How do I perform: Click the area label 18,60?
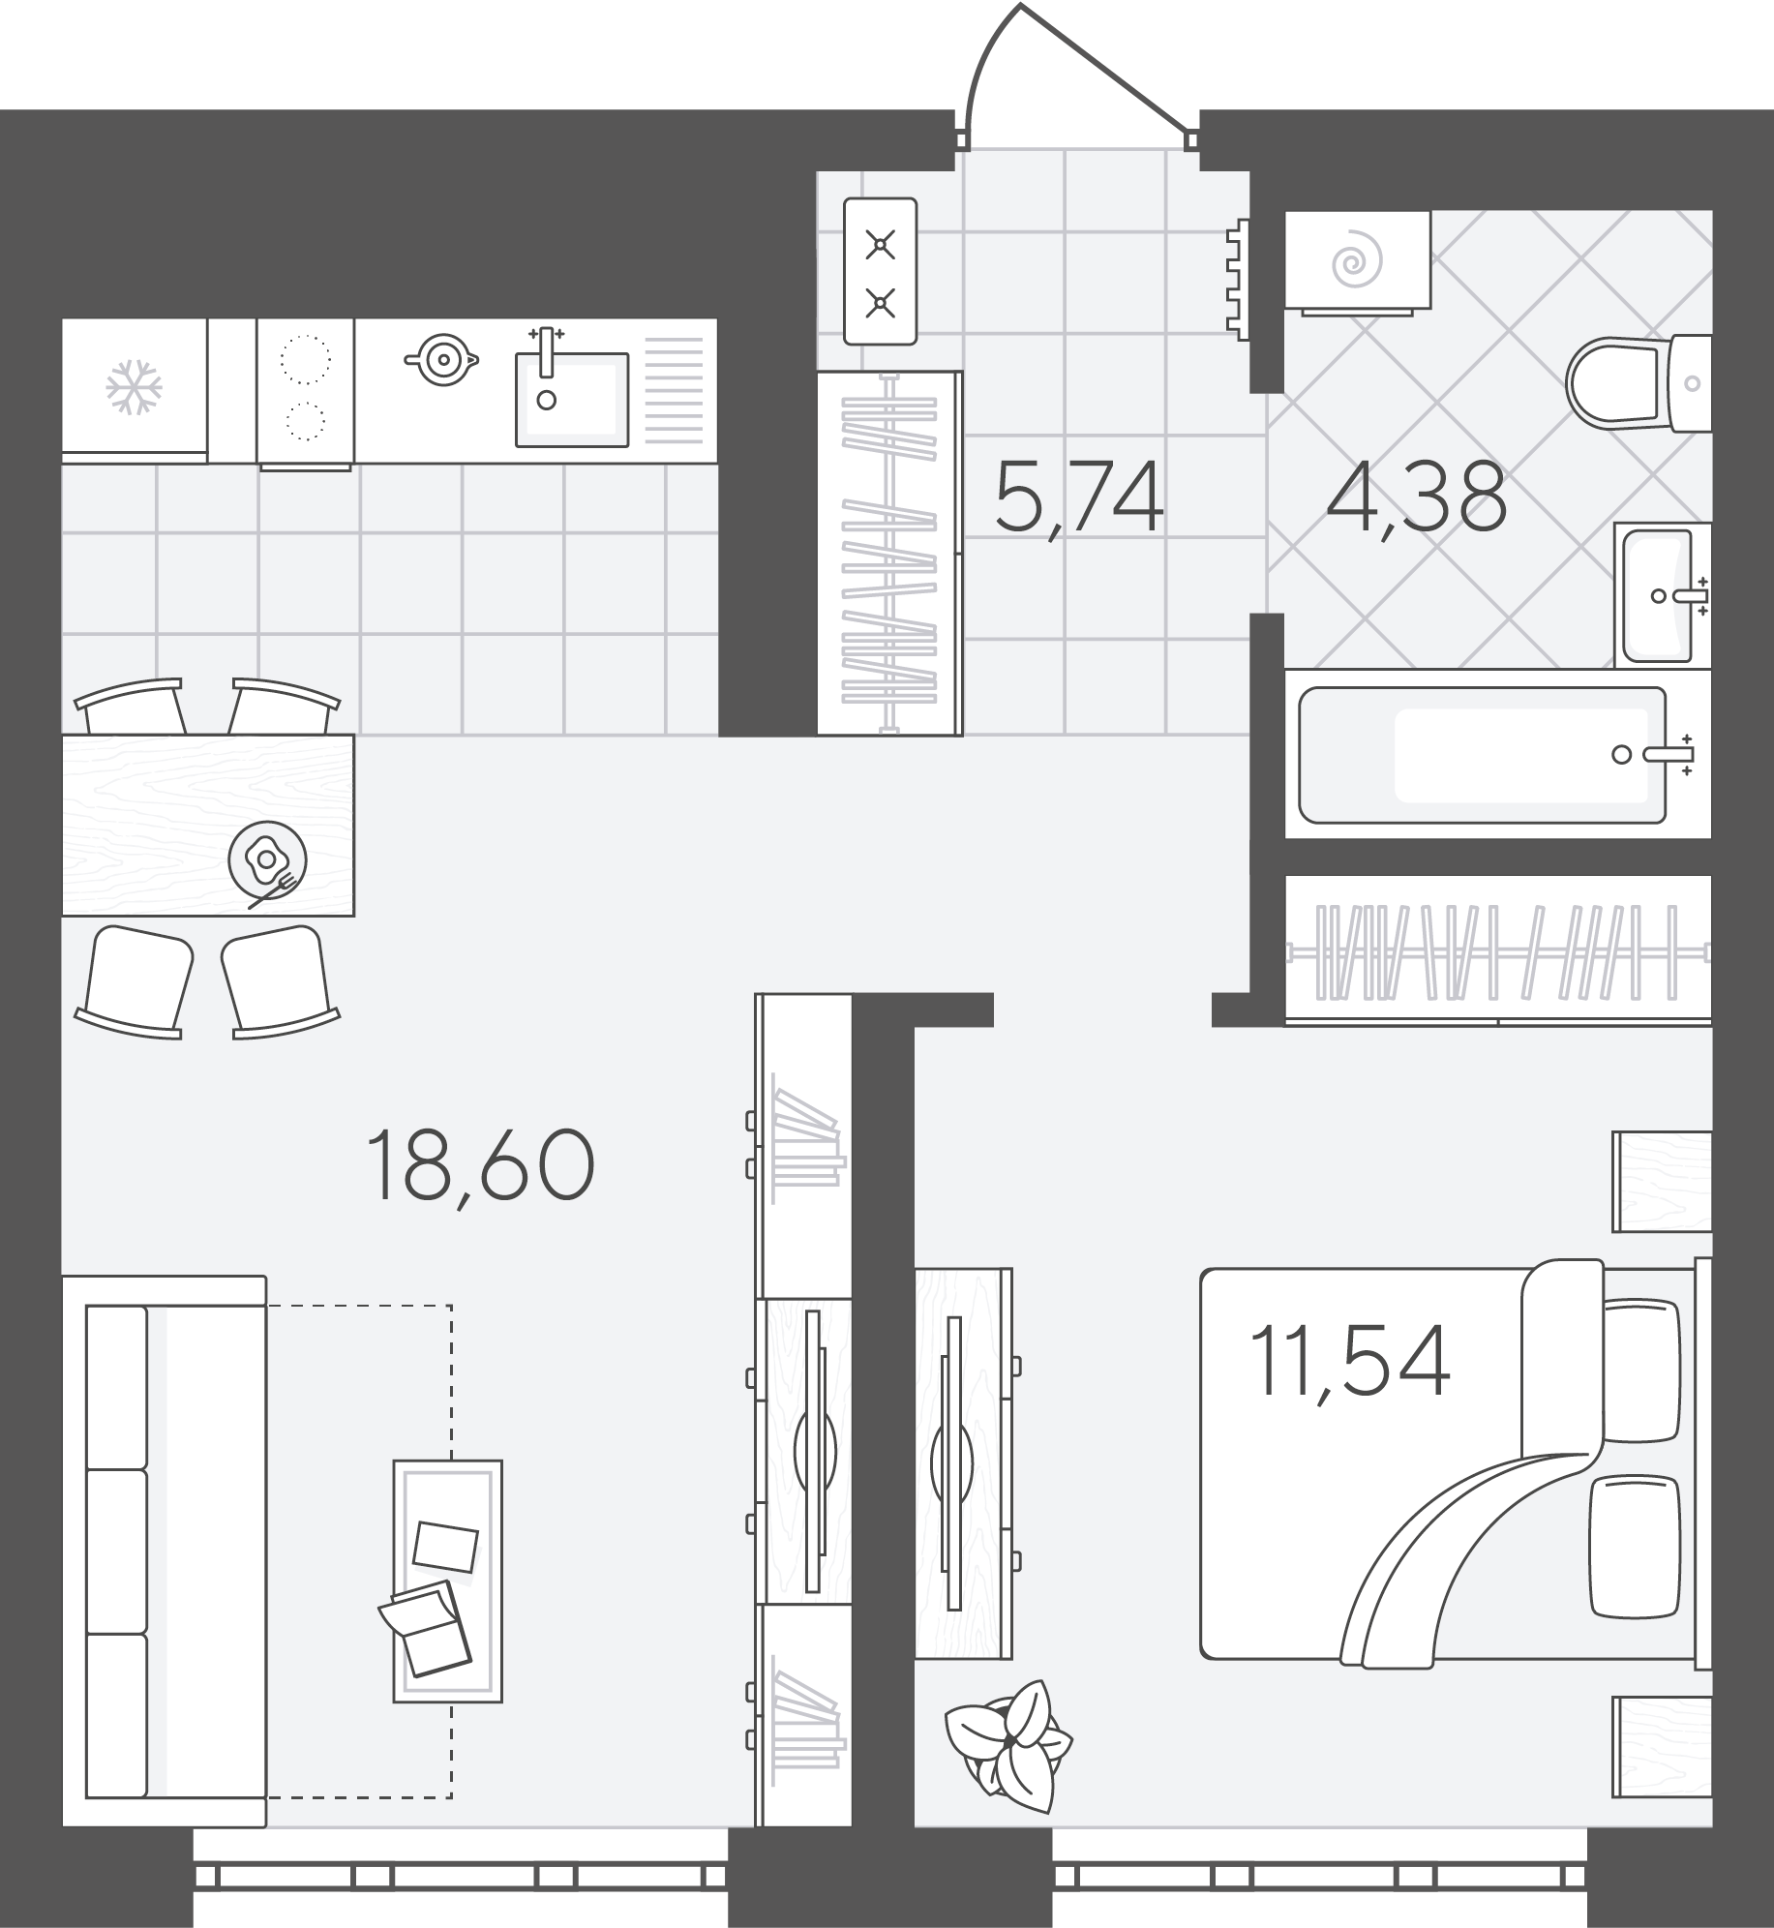pos(480,1166)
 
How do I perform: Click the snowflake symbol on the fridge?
pos(134,387)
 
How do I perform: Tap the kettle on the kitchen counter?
pos(442,359)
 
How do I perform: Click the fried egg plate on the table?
pos(268,859)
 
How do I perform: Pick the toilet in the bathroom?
pos(1639,383)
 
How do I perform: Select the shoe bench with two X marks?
pos(880,271)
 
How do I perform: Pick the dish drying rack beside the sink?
pos(674,390)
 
